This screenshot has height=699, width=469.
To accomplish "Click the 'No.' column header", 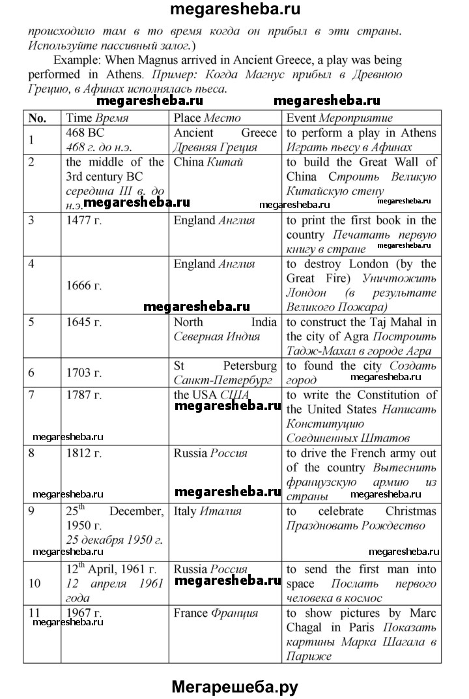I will point(38,118).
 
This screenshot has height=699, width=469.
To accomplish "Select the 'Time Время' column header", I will point(97,118).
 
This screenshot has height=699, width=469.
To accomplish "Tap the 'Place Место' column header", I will point(207,118).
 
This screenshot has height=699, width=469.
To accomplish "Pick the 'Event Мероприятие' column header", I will point(339,118).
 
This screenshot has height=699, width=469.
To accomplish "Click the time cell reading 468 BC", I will point(81,132).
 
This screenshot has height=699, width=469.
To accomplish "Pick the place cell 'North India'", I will point(225,322).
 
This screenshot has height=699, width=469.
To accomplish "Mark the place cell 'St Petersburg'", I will point(225,366).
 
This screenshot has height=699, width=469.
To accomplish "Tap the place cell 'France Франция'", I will point(216,613).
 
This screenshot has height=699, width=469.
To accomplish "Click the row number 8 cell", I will point(32,453).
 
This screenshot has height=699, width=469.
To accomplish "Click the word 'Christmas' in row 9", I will point(411,512).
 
